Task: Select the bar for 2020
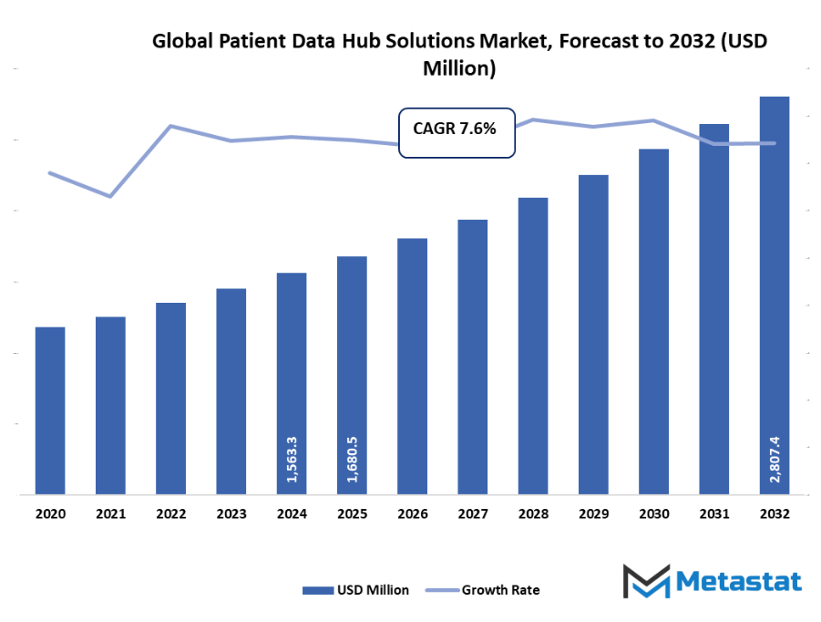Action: click(50, 410)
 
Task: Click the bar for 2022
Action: click(170, 399)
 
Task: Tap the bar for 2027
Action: click(472, 357)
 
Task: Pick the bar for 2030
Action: click(653, 321)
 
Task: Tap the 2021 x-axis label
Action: click(110, 514)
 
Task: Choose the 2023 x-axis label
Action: click(231, 514)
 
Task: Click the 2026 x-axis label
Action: click(412, 514)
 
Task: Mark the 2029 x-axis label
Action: click(593, 514)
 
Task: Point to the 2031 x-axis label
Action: click(713, 514)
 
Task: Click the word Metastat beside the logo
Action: click(739, 582)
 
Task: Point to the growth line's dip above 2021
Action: click(110, 196)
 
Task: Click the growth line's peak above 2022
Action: click(170, 126)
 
